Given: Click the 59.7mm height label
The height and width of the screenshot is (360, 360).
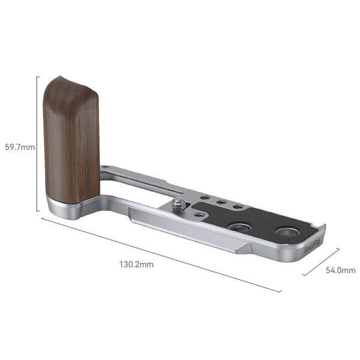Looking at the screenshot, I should click(x=19, y=146).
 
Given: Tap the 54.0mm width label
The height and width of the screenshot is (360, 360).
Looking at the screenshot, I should click(x=340, y=271).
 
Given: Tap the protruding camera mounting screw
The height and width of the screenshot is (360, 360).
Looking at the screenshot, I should click(x=179, y=205).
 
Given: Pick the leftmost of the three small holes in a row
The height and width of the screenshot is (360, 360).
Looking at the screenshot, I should click(x=205, y=197).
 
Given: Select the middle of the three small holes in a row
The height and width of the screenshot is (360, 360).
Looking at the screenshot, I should click(x=221, y=202).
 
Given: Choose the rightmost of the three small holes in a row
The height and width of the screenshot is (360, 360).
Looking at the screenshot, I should click(x=238, y=207).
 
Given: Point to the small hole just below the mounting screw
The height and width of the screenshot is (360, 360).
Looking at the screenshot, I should click(x=198, y=212).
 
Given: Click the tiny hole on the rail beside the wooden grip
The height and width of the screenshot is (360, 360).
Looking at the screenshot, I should click(x=105, y=168).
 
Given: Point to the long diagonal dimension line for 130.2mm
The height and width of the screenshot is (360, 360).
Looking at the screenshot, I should click(x=162, y=255).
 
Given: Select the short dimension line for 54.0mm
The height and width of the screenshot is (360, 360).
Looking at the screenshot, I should click(x=322, y=262).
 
